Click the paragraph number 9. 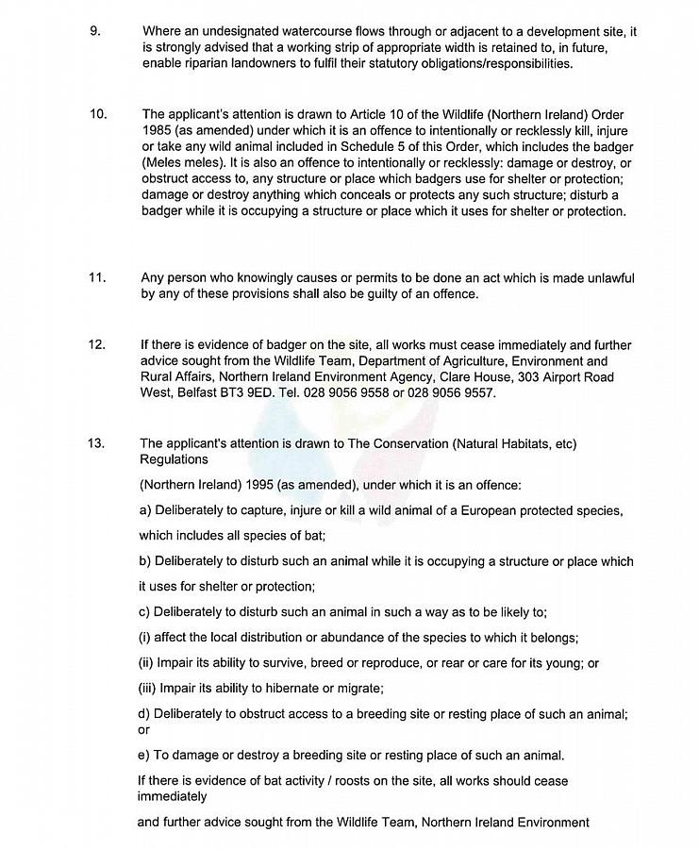93,31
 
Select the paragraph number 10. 97,114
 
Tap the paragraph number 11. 96,278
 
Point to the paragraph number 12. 96,345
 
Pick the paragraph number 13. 96,443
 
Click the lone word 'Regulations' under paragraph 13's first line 175,459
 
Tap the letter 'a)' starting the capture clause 145,511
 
